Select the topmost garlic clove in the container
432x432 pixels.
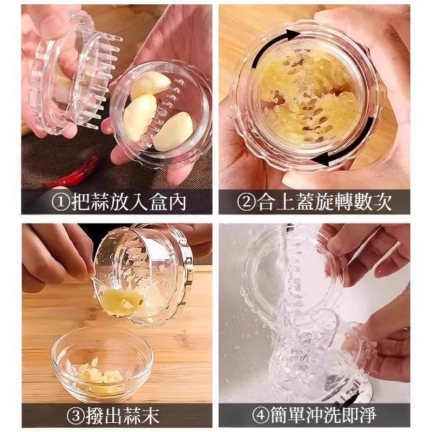[x=150, y=85]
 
